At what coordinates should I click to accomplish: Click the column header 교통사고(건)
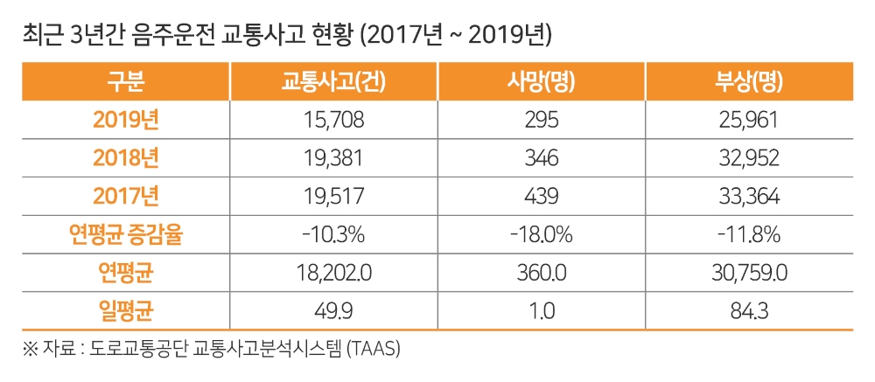tap(333, 82)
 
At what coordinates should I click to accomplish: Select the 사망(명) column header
tap(541, 82)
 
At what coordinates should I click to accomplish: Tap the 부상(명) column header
tap(748, 82)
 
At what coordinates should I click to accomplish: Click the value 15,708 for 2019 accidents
tap(333, 121)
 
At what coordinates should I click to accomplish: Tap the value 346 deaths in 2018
tap(541, 158)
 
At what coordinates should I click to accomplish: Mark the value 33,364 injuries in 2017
tap(748, 197)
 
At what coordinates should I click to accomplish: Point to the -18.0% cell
tap(541, 234)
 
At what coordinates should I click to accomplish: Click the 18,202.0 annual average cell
tap(333, 273)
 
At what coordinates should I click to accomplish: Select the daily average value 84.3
tap(748, 310)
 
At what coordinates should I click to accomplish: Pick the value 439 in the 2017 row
tap(541, 197)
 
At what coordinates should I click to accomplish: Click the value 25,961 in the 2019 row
tap(748, 121)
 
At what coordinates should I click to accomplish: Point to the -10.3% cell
tap(333, 234)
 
